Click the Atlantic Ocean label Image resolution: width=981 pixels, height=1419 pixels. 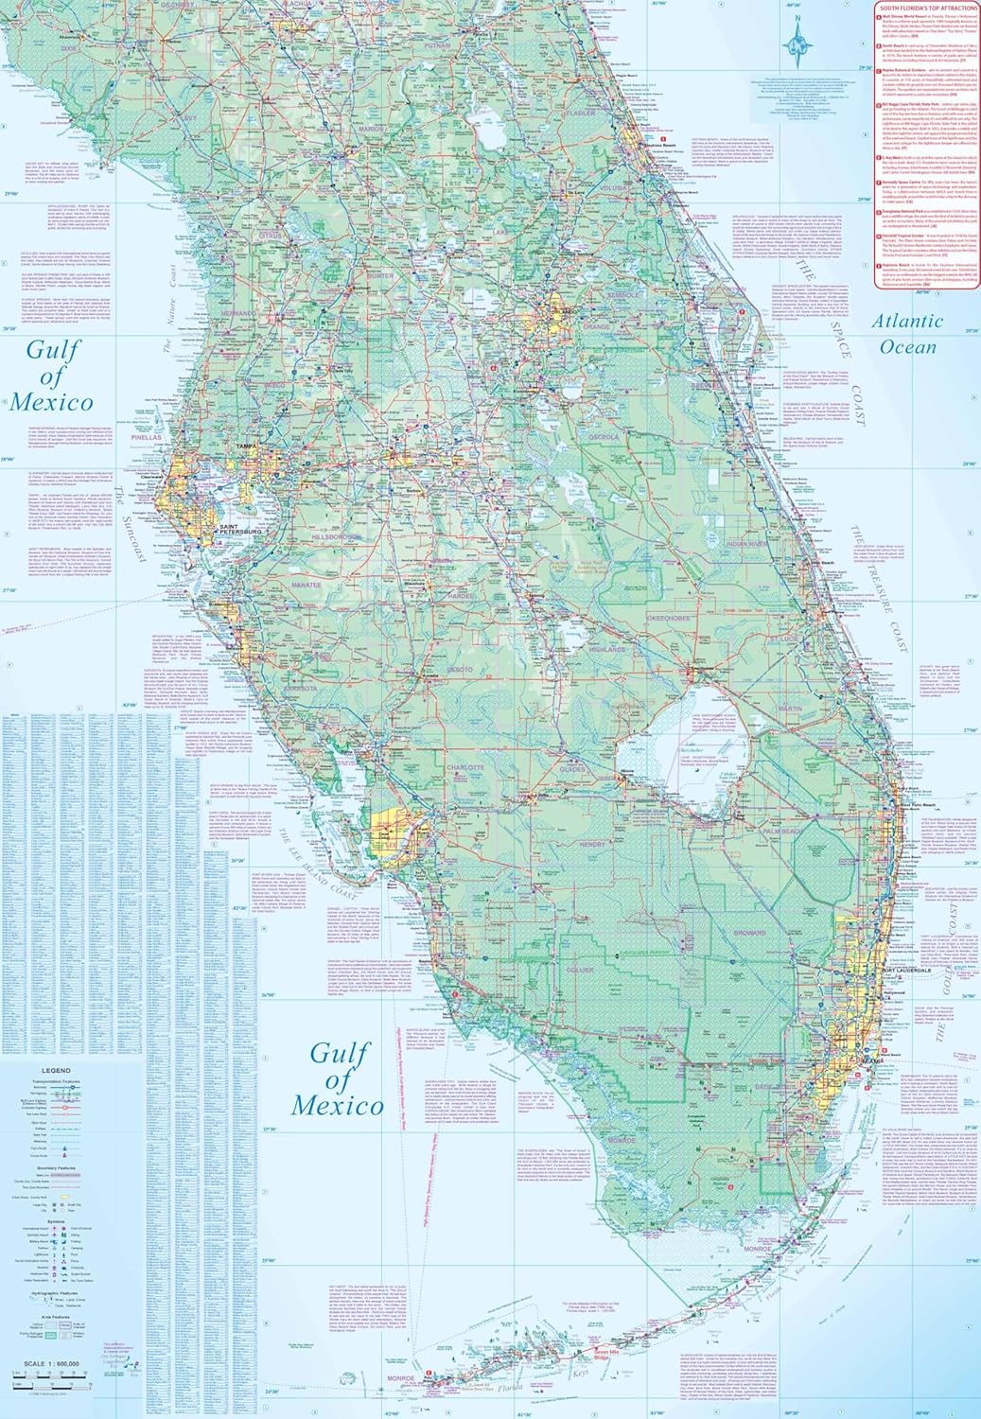pos(907,333)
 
